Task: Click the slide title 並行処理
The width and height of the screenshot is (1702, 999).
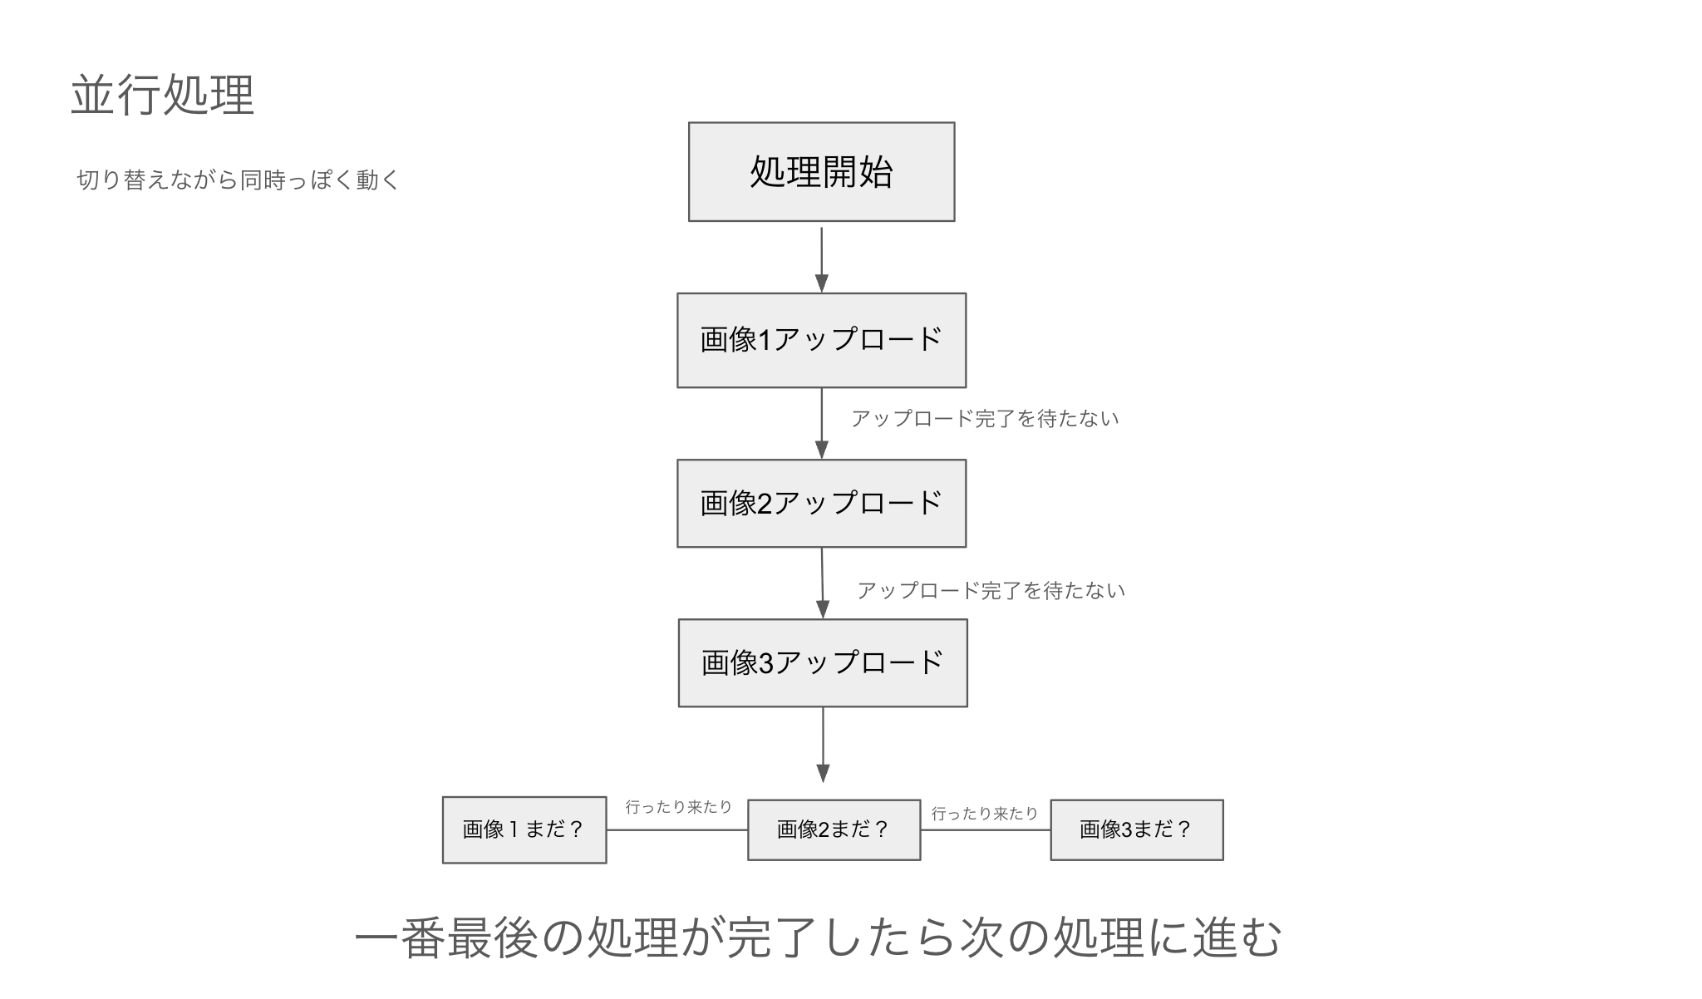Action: point(163,96)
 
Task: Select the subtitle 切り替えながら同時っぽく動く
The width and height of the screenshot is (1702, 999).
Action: point(239,180)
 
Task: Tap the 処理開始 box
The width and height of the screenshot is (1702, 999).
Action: point(821,172)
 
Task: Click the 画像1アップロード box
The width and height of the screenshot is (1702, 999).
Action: point(821,340)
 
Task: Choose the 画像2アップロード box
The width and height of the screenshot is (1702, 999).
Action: point(821,503)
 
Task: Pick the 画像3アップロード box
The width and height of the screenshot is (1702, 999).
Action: point(823,662)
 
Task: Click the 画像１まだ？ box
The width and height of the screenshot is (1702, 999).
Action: point(524,829)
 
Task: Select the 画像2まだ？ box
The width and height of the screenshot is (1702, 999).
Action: point(834,829)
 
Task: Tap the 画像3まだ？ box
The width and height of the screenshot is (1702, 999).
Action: point(1136,829)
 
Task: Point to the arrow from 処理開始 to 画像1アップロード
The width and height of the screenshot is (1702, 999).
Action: point(821,258)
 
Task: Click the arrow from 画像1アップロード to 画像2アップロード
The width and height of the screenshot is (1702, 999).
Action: point(821,422)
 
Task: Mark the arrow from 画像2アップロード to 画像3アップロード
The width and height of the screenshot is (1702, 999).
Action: point(823,582)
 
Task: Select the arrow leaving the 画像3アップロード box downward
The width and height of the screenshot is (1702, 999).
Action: point(823,743)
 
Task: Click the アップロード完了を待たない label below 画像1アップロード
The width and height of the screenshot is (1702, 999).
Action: point(985,419)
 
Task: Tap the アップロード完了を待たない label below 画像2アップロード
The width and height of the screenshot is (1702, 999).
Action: point(991,591)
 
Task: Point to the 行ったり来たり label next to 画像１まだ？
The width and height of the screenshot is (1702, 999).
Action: point(678,807)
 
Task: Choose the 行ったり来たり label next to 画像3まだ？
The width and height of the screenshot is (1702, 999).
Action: point(985,814)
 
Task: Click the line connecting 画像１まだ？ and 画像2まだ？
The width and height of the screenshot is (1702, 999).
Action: point(676,829)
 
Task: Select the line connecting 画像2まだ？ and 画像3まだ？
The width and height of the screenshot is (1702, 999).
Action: point(985,829)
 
